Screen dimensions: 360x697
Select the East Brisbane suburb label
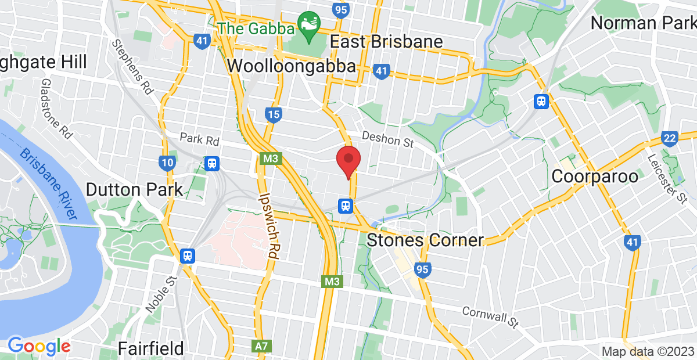[386, 42]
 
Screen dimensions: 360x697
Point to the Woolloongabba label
[291, 66]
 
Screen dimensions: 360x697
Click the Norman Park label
[643, 23]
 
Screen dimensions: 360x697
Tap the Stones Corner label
[426, 240]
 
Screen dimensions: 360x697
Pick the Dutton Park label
[134, 189]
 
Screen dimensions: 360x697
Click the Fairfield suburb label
[150, 348]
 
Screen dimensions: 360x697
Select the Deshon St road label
[387, 139]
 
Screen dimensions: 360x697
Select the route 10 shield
[167, 163]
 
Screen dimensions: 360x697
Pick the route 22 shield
[669, 138]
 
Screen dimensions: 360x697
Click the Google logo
[39, 346]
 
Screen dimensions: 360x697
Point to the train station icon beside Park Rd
[211, 163]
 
